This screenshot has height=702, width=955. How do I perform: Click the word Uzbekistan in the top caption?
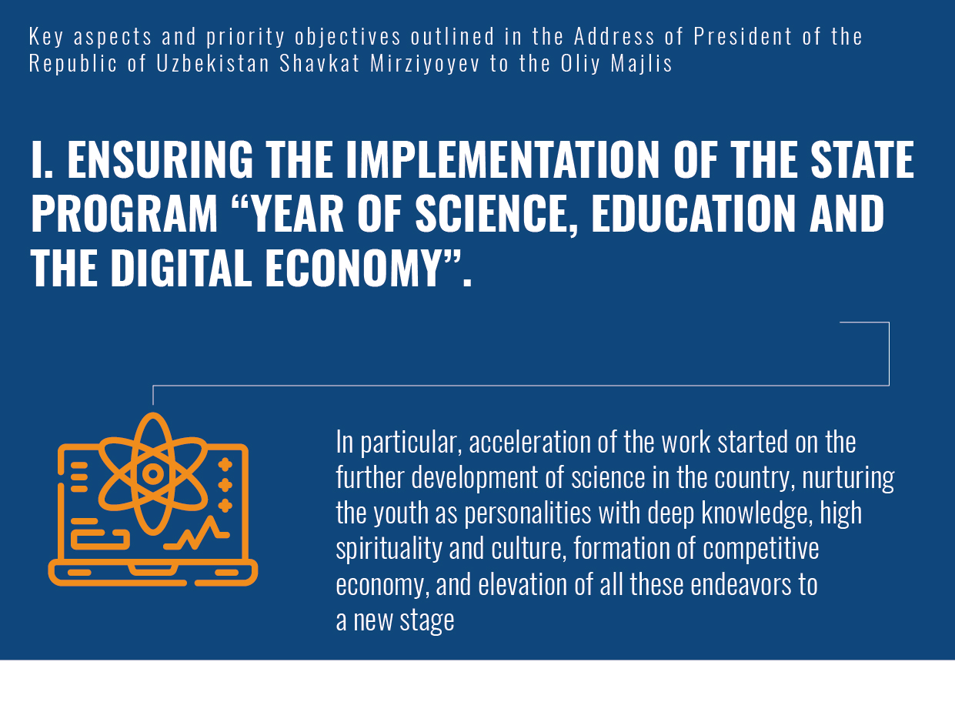[x=212, y=64]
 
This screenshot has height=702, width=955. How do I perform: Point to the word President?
[x=743, y=37]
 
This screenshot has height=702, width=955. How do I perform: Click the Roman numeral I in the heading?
[x=42, y=159]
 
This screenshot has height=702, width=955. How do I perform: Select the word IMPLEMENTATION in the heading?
[x=503, y=159]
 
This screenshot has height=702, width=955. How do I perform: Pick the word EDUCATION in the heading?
[x=693, y=212]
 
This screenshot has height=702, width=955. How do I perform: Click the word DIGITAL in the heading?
[x=182, y=269]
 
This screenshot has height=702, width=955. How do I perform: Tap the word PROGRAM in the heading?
[x=124, y=212]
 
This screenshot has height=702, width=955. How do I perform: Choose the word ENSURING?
[x=160, y=159]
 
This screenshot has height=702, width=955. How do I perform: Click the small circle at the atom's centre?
[x=152, y=474]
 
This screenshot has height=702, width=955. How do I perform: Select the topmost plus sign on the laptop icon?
[x=225, y=464]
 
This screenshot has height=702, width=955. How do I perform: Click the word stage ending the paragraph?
[x=427, y=621]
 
